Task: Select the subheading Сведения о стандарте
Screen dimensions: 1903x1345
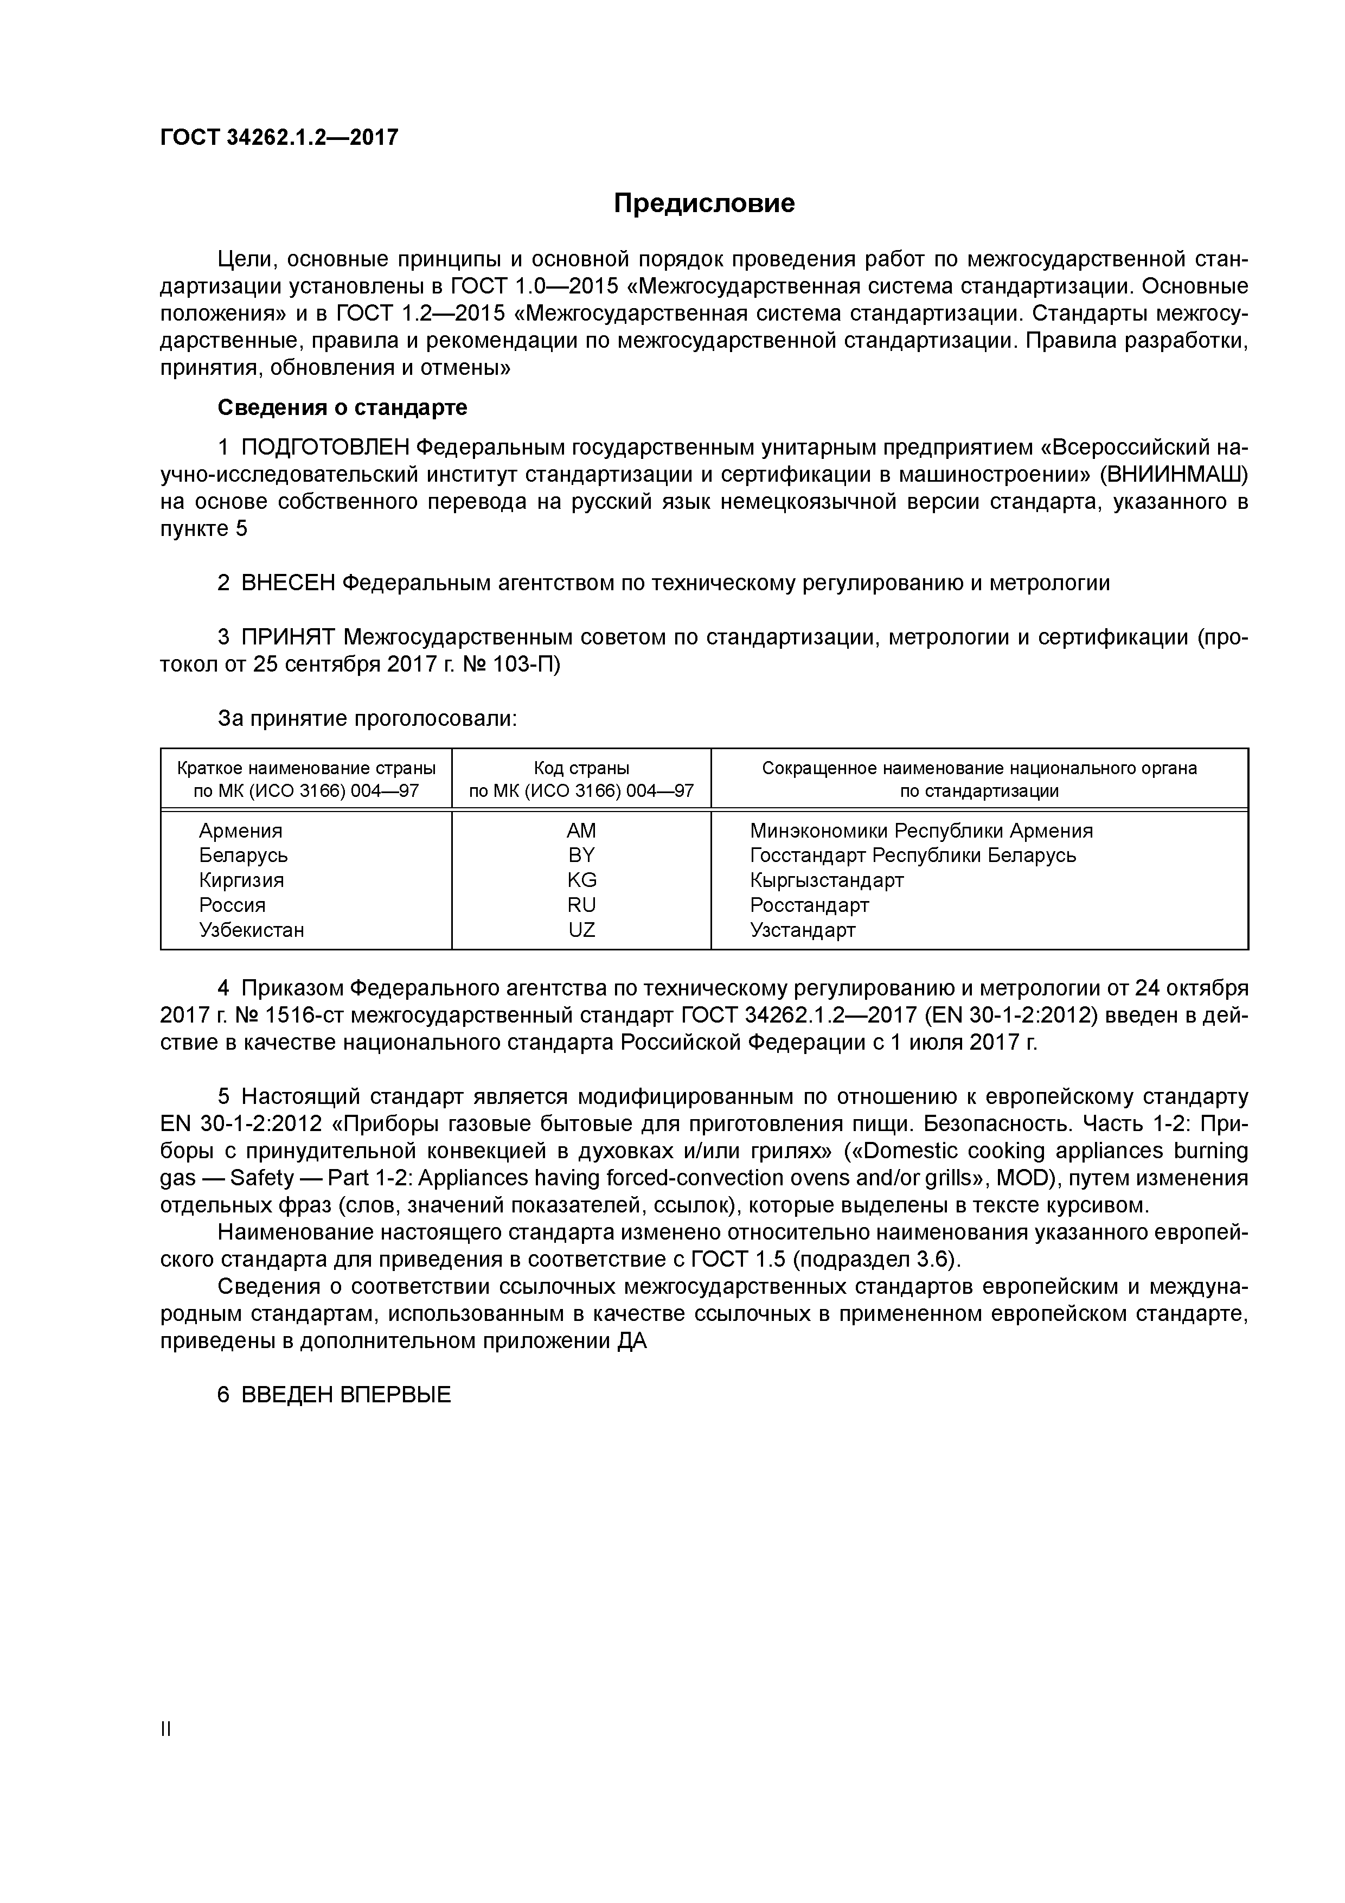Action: click(342, 408)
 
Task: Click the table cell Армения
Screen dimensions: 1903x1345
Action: click(240, 831)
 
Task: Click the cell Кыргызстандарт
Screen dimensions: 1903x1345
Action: click(826, 880)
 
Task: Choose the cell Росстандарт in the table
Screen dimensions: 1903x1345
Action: click(809, 905)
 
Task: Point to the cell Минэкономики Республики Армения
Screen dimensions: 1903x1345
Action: click(921, 831)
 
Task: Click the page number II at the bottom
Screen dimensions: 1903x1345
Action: click(166, 1729)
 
